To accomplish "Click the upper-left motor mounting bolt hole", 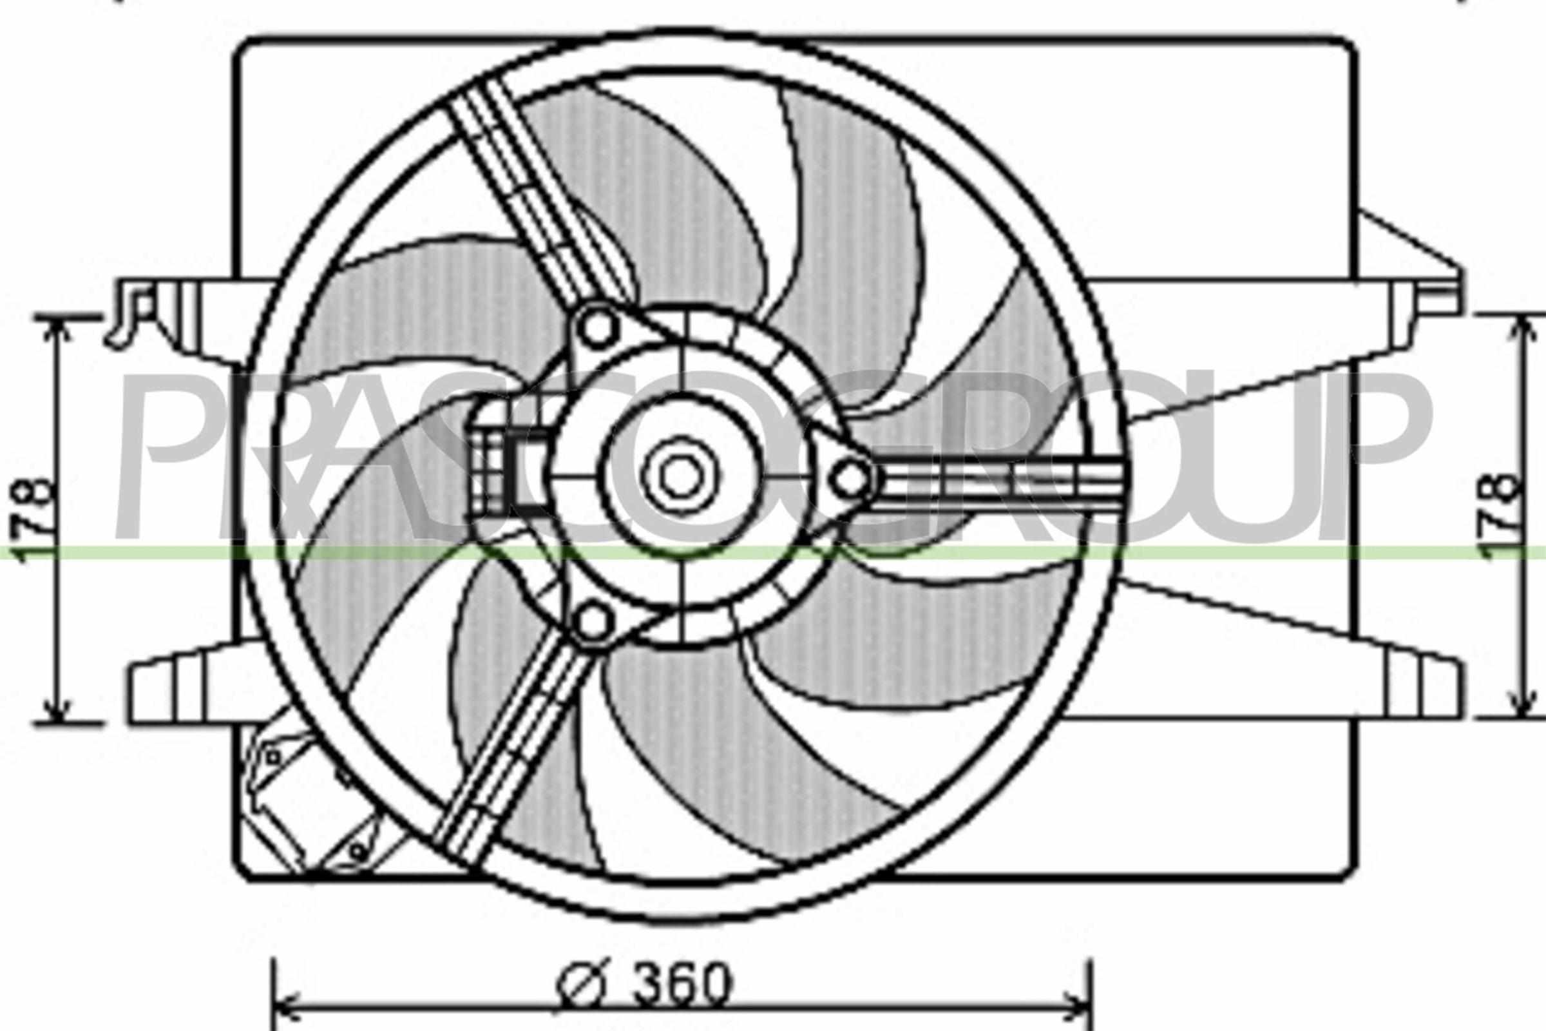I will tap(598, 327).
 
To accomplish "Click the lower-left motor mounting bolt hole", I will tap(594, 622).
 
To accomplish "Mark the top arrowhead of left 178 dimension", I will tap(59, 329).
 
